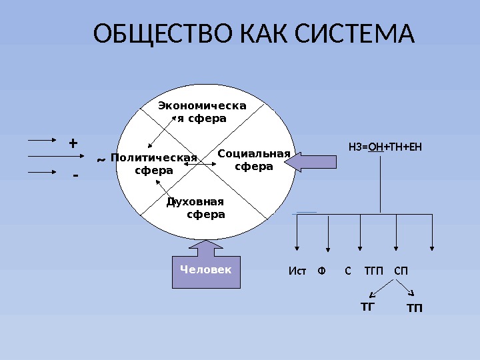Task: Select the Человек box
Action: point(206,270)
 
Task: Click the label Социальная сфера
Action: point(254,160)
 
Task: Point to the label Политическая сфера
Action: point(154,164)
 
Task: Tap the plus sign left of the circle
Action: point(73,143)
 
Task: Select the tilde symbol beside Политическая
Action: point(100,160)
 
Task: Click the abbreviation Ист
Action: point(297,271)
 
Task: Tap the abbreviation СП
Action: point(401,271)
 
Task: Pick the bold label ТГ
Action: point(367,307)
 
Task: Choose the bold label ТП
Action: point(415,309)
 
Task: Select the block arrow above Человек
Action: point(206,248)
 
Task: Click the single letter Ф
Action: point(322,271)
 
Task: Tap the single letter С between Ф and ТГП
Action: point(347,271)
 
